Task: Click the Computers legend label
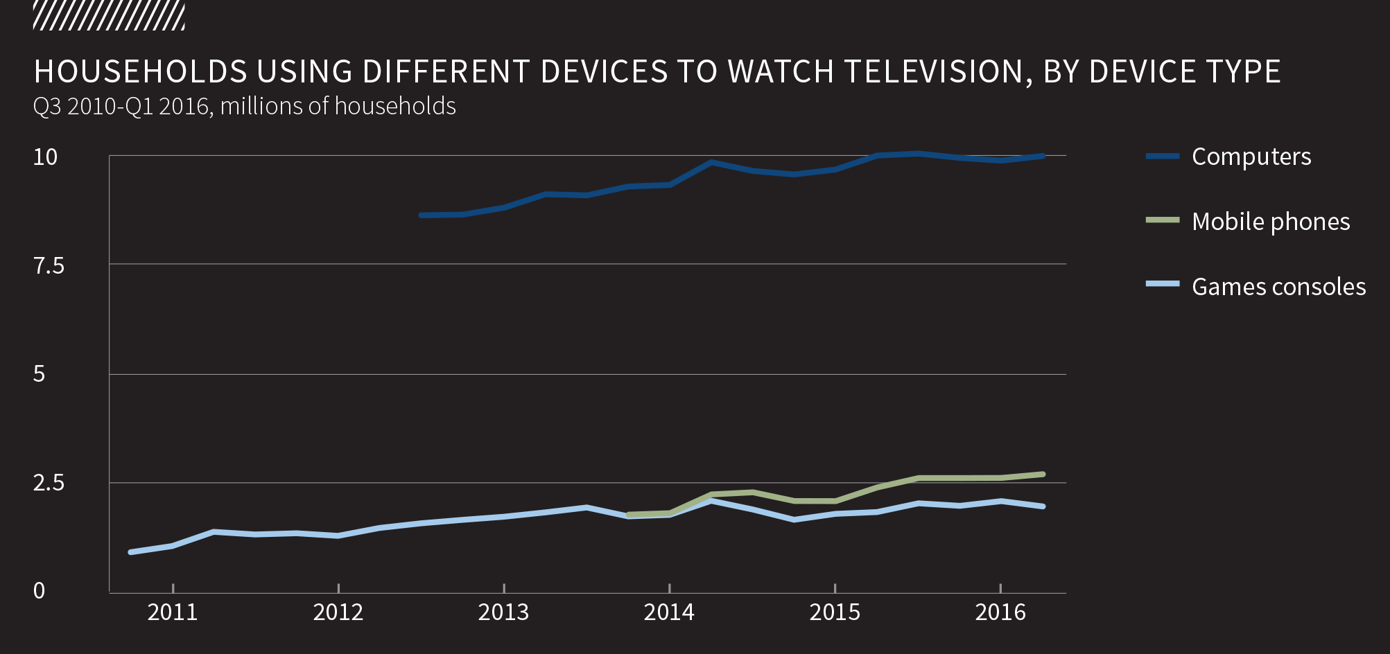click(1251, 157)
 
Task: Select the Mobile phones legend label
click(1270, 222)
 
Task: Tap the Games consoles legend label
click(1278, 287)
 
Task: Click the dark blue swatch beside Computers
click(1163, 157)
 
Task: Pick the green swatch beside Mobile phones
click(1163, 220)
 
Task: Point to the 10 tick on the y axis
click(45, 157)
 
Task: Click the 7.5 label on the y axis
click(49, 265)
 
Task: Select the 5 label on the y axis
click(39, 374)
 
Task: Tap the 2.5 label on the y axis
click(49, 483)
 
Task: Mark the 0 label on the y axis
click(39, 591)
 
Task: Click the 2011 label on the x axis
click(173, 612)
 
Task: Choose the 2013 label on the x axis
click(503, 612)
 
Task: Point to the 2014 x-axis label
click(669, 612)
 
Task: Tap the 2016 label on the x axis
click(1000, 612)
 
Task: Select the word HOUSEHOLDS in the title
click(140, 72)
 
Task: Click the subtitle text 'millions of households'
click(338, 106)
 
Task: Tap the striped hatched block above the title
click(109, 16)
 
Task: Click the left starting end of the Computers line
click(422, 215)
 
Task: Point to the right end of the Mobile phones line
click(1043, 475)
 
